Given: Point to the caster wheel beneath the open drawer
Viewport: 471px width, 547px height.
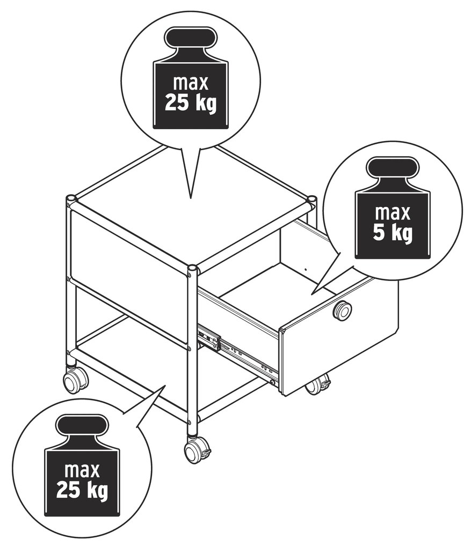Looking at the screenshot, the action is coord(317,385).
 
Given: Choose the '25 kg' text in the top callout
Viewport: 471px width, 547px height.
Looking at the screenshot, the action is coord(191,102).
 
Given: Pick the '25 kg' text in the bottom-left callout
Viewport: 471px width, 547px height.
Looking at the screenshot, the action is coord(82,490).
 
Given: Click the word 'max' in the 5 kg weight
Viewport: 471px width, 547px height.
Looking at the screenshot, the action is coord(393,213).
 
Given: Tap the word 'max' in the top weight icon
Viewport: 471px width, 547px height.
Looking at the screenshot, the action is coord(191,83).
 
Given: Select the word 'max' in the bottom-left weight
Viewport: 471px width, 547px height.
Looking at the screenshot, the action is coord(82,471).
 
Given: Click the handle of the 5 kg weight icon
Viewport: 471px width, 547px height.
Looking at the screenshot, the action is coord(393,169).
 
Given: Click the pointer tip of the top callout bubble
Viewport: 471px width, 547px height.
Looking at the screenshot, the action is coord(191,198).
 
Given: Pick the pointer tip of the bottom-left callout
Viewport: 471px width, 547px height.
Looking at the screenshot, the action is coord(165,386).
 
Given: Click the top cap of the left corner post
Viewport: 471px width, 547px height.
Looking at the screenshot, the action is coord(70,198).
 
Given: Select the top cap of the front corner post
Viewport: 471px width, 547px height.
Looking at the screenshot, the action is coord(192,269).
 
